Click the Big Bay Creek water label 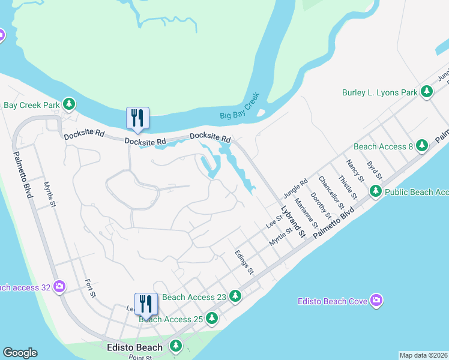coord(240,106)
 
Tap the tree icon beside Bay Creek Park coord(70,104)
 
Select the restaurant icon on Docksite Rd coord(137,118)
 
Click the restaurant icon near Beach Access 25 coord(145,304)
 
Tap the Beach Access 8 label coord(383,146)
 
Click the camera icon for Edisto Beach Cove coord(376,300)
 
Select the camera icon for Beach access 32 coord(59,287)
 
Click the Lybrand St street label coord(294,221)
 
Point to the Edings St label coord(245,263)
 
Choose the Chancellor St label coord(330,189)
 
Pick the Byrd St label coord(374,169)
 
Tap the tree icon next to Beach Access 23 coord(236,296)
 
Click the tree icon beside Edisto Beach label coord(176,346)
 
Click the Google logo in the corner coord(20,353)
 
